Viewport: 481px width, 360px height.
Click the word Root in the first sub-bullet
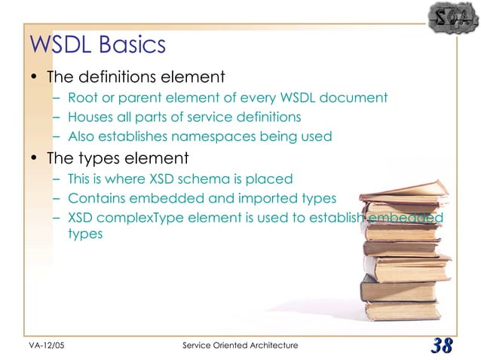[x=81, y=97]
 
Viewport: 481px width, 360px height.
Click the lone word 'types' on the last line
[x=84, y=234]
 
